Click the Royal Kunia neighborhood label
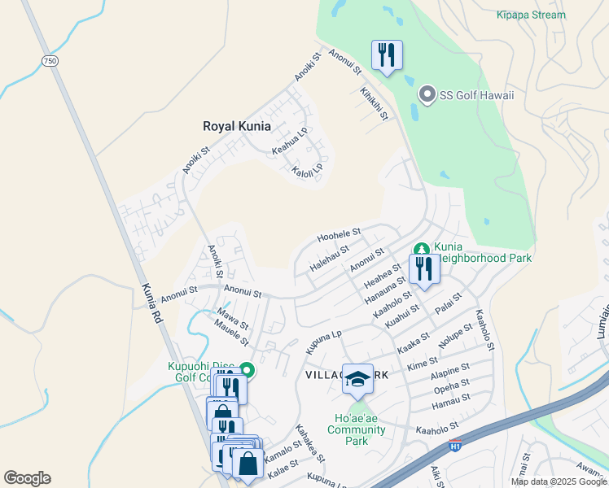click(236, 126)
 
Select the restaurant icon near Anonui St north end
click(385, 55)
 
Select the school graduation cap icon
click(357, 378)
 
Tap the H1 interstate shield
click(456, 446)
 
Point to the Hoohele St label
click(339, 234)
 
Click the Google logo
click(27, 478)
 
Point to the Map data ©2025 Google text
click(559, 481)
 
